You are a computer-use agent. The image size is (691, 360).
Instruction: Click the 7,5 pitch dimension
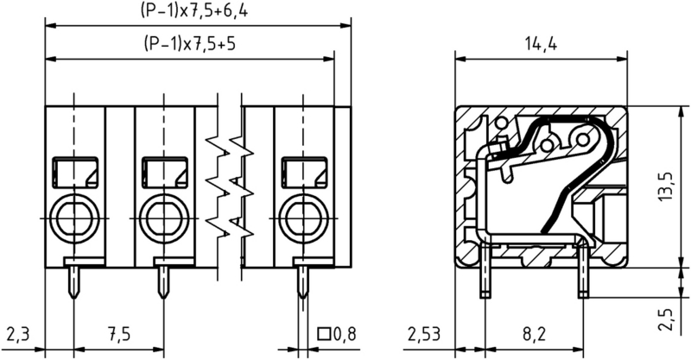[118, 333]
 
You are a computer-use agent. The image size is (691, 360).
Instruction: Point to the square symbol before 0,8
[325, 333]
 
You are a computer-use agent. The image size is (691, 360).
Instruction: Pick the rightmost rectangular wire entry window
[303, 172]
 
